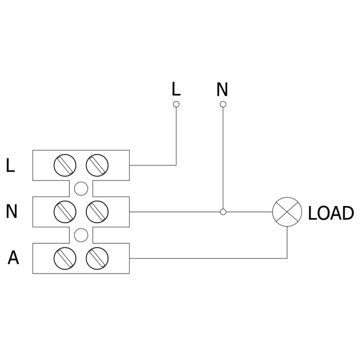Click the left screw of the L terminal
pos(65,165)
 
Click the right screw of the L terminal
pos(97,165)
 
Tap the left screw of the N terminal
pos(65,212)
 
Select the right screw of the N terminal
pos(97,212)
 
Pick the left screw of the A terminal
pos(65,258)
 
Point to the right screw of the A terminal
pos(97,258)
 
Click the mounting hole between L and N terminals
pos(81,188)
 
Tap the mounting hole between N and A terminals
pos(81,235)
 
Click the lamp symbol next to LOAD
pos(287,212)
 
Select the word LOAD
pos(331,213)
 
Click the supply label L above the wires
pos(176,89)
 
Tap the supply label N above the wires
pos(222,89)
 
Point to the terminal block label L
pos(10,165)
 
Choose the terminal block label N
pos(11,211)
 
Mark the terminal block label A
pos(13,258)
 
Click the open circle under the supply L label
pos(176,104)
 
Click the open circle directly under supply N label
pos(223,104)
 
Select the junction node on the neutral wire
pos(223,212)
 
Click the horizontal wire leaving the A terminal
pos(208,258)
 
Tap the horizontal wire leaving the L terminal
pos(153,165)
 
